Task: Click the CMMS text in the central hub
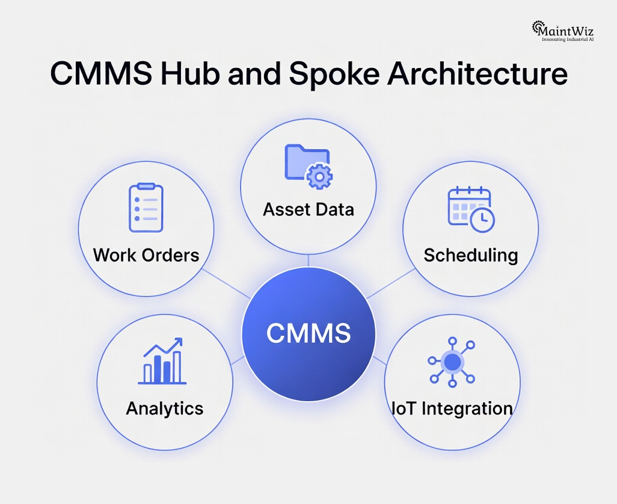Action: [308, 333]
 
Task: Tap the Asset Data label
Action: [308, 209]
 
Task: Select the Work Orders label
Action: [146, 254]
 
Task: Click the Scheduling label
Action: [470, 254]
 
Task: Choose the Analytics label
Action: [164, 408]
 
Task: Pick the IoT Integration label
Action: [452, 408]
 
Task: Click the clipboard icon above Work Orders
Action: [146, 208]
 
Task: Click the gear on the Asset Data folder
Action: [319, 176]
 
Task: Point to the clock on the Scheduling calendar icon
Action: [482, 221]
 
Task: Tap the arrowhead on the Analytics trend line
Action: [179, 341]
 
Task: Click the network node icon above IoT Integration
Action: [452, 362]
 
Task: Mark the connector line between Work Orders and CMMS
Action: [226, 283]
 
